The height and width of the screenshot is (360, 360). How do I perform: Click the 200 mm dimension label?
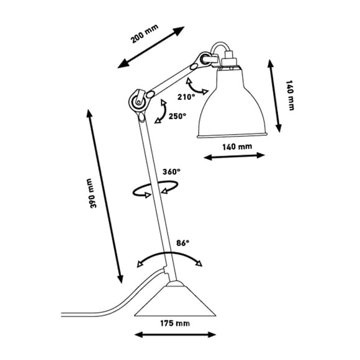[x=145, y=34]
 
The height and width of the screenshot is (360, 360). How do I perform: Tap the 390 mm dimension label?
[x=92, y=193]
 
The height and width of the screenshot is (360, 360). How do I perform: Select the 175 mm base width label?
[x=175, y=323]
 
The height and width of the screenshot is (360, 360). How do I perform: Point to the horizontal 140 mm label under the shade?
[x=237, y=146]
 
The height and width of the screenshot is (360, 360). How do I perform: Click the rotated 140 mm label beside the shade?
[x=290, y=96]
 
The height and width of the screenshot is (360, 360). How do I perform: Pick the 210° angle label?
[x=186, y=97]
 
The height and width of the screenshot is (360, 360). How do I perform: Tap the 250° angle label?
[x=178, y=116]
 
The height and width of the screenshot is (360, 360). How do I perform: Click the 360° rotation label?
[x=171, y=171]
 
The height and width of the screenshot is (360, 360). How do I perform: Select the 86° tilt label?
[x=182, y=243]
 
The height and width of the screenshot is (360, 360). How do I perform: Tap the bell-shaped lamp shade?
[x=232, y=103]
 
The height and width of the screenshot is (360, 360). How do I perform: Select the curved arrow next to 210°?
[x=194, y=88]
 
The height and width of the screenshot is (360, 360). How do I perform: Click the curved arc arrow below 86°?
[x=169, y=253]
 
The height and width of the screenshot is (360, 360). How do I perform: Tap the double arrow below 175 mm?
[x=175, y=335]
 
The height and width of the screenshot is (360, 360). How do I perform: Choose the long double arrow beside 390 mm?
[x=105, y=197]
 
